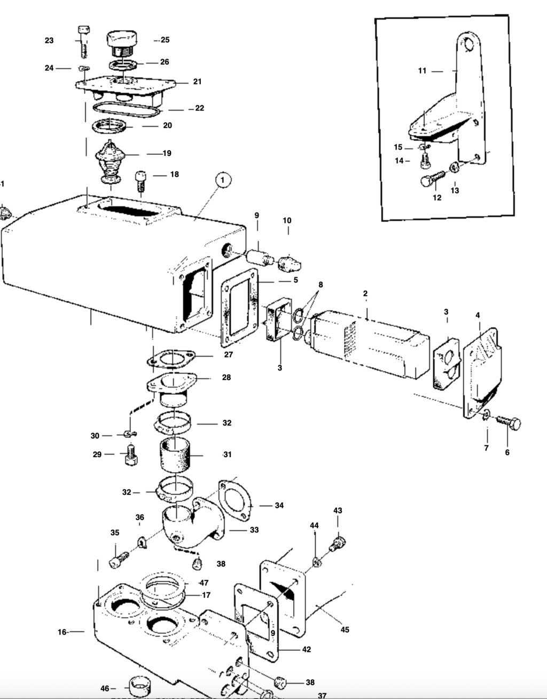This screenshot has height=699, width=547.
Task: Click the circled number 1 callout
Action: [x=223, y=180]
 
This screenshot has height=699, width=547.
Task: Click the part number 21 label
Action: [x=197, y=82]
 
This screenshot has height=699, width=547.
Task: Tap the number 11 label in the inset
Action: [x=422, y=70]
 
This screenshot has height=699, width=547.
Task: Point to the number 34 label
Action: [x=279, y=505]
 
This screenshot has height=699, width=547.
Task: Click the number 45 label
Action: [x=345, y=630]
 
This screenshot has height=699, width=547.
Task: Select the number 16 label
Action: [x=62, y=632]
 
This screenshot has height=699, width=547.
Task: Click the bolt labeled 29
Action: [x=130, y=455]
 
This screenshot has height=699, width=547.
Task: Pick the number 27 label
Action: [x=228, y=354]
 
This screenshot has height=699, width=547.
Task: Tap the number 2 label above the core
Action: [x=365, y=294]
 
